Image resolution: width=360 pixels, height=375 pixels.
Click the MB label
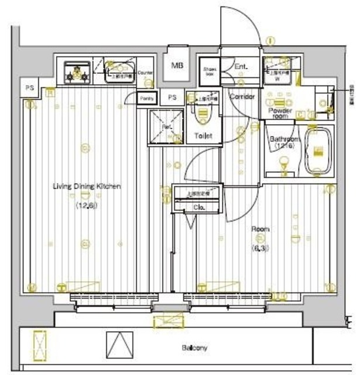pyautogui.click(x=176, y=65)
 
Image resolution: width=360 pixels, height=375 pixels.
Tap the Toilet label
pyautogui.click(x=203, y=136)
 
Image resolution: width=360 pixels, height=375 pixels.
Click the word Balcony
pyautogui.click(x=194, y=348)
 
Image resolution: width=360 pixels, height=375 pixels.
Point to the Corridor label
pyautogui.click(x=241, y=97)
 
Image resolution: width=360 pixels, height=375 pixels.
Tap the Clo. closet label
pyautogui.click(x=198, y=207)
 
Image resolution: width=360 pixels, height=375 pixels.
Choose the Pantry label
pyautogui.click(x=148, y=98)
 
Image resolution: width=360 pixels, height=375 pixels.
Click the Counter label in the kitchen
pyautogui.click(x=146, y=73)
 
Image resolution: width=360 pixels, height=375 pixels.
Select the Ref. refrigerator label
pyautogui.click(x=166, y=126)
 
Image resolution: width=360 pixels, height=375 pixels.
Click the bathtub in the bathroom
pyautogui.click(x=318, y=151)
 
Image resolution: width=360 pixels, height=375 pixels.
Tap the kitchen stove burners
pyautogui.click(x=76, y=73)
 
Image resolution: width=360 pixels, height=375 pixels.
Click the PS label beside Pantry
pyautogui.click(x=172, y=97)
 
